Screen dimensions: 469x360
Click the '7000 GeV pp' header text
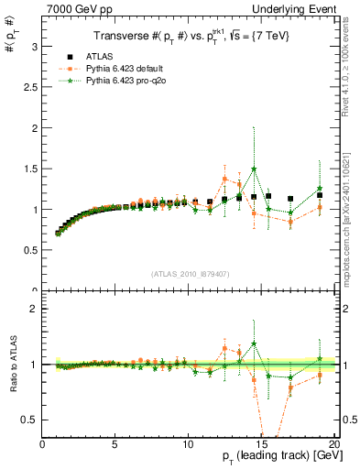point(75,8)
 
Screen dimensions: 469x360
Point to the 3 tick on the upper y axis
point(34,48)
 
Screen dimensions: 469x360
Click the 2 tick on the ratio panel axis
point(34,309)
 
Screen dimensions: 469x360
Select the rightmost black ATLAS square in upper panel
point(320,195)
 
